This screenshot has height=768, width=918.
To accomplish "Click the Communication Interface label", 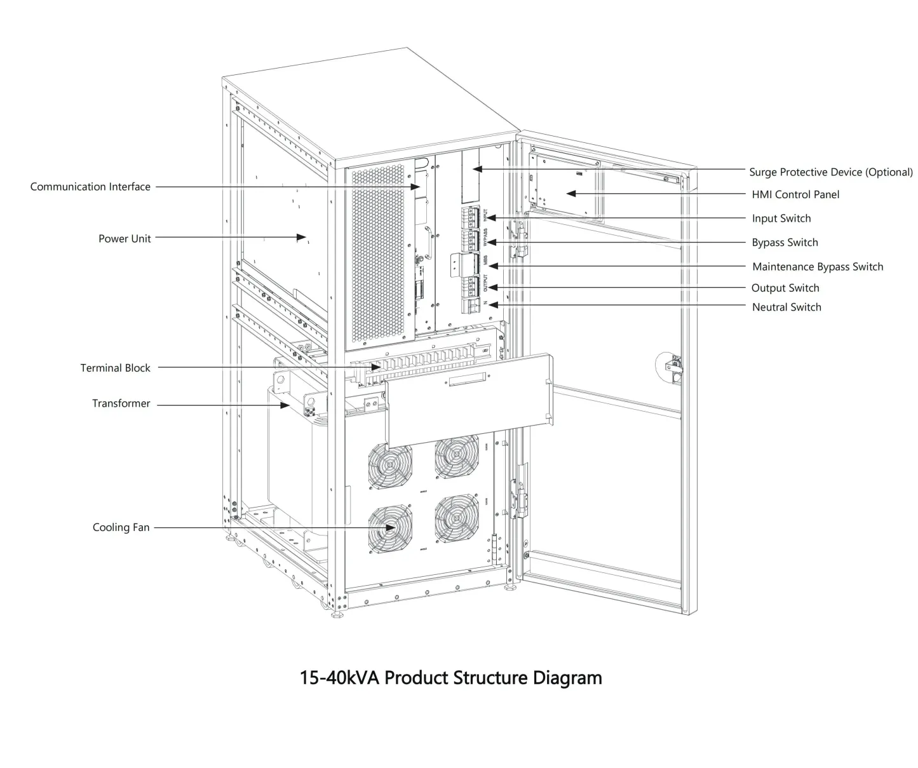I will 90,187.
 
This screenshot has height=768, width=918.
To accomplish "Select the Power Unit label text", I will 125,239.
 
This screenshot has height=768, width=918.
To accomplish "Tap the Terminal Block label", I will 115,368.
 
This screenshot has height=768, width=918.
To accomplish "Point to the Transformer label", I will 121,403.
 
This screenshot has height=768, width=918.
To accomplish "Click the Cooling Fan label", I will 121,527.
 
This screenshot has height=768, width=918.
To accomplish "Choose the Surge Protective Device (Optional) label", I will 830,172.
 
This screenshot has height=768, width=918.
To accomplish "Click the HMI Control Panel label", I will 795,194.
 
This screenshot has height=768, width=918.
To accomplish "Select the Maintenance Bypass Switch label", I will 818,267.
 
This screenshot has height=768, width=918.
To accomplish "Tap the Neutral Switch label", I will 786,307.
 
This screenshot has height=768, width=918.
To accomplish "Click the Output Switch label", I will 785,288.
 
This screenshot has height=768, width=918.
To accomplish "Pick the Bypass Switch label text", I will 785,243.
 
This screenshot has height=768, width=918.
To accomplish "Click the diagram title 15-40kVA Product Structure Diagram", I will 450,678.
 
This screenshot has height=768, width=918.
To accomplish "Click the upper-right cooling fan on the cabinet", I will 456,456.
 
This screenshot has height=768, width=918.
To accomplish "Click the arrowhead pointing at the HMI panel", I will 570,193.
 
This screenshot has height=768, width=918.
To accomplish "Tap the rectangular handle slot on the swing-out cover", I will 468,381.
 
